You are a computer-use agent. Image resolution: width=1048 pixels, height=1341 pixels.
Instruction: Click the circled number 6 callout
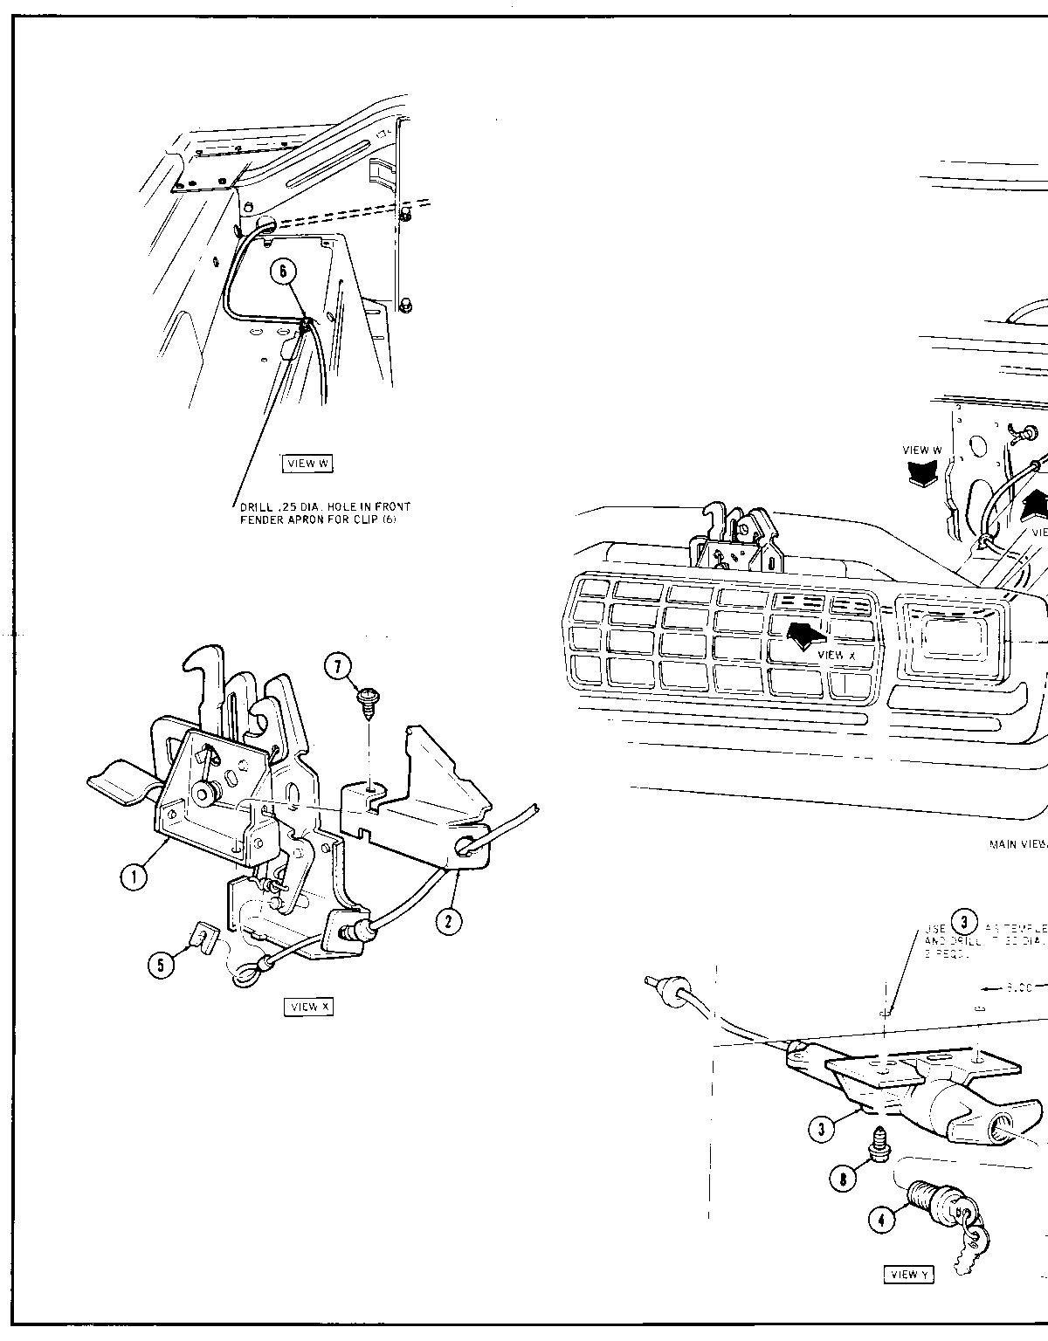(283, 271)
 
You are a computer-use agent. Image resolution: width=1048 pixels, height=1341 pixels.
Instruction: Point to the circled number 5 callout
(161, 965)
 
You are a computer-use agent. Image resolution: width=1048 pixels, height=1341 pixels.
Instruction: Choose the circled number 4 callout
(882, 1219)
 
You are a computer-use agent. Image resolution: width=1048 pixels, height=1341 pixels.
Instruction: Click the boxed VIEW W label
(308, 464)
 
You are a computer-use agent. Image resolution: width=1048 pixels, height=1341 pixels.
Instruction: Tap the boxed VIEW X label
(309, 1007)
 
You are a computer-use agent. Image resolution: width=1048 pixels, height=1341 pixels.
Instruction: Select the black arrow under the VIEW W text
(923, 472)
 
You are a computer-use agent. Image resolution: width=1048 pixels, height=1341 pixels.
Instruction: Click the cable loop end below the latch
(246, 972)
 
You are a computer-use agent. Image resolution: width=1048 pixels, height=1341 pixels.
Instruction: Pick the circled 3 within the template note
(963, 922)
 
